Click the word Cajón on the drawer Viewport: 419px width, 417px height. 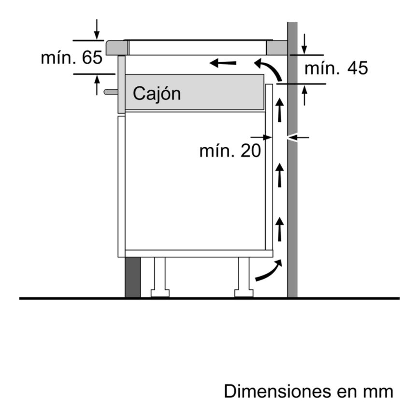(x=157, y=94)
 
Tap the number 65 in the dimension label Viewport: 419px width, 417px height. (x=92, y=57)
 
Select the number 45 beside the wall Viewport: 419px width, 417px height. (x=358, y=68)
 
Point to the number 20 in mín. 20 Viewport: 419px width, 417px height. (x=251, y=151)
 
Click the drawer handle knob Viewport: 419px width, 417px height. (x=111, y=92)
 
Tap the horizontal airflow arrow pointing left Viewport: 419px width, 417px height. (x=223, y=63)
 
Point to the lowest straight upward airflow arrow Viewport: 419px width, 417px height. (x=279, y=229)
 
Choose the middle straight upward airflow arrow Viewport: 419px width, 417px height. (x=279, y=175)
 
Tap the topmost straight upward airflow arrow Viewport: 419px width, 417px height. (x=279, y=110)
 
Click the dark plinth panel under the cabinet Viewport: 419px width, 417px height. (x=132, y=277)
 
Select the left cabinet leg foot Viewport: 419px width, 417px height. (x=160, y=293)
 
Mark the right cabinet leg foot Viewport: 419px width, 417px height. (x=244, y=293)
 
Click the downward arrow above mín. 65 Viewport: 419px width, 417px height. (x=97, y=29)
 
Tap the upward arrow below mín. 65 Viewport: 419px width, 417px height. (x=97, y=85)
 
